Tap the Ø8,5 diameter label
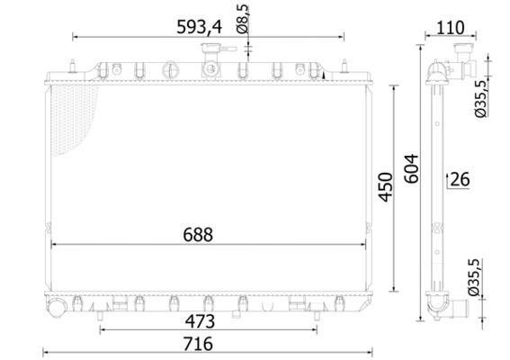(x=243, y=19)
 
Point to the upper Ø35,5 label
(x=481, y=98)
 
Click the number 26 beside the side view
(x=460, y=180)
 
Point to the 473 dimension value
(x=200, y=320)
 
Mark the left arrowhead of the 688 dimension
(x=55, y=244)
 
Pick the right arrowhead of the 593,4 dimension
(x=342, y=37)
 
